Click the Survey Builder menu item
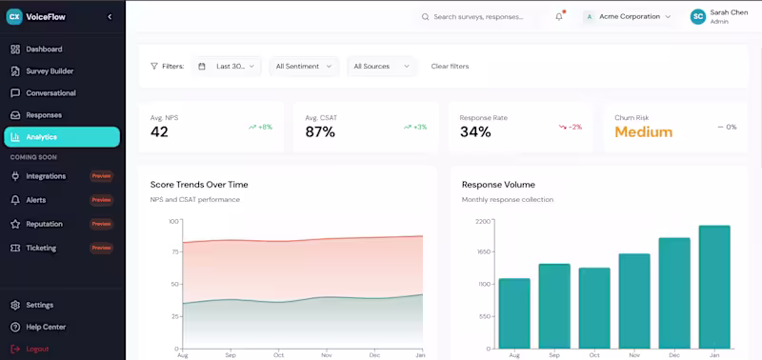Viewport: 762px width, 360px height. (50, 71)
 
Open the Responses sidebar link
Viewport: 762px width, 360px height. (44, 115)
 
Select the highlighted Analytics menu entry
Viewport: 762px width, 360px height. (62, 137)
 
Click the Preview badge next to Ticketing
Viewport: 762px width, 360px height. (101, 248)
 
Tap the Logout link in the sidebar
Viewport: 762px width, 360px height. (37, 349)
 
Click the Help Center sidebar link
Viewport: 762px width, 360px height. (46, 327)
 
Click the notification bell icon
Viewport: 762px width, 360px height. (559, 16)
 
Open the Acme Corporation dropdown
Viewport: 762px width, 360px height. (628, 16)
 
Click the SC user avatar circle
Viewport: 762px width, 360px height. (698, 16)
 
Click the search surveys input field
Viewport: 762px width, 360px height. (481, 16)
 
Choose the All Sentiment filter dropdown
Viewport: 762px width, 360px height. (304, 67)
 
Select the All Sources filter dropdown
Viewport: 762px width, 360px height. (381, 67)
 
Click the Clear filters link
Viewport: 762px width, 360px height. (450, 67)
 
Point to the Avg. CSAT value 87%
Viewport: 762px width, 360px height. (320, 132)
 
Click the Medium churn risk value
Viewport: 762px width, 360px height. (643, 132)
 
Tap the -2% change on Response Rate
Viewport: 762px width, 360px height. (571, 127)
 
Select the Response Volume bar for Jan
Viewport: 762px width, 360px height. (714, 286)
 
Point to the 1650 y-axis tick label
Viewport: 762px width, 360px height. (483, 252)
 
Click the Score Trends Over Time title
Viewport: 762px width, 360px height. (199, 184)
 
